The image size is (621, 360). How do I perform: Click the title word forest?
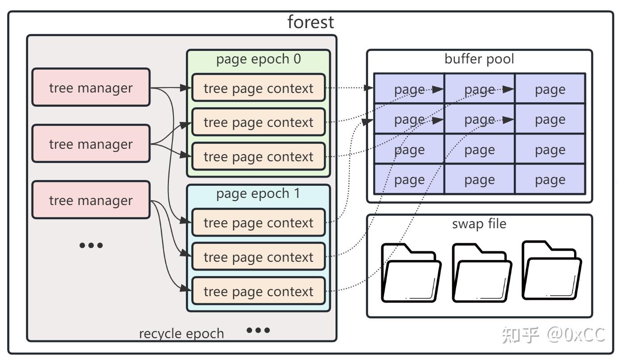pyautogui.click(x=310, y=22)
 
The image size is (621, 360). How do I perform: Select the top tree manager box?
pyautogui.click(x=91, y=87)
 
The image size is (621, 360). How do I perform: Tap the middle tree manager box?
pyautogui.click(x=91, y=143)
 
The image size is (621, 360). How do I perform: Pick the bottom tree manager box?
pyautogui.click(x=91, y=200)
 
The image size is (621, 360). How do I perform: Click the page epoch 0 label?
pyautogui.click(x=258, y=59)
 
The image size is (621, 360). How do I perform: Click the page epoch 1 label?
pyautogui.click(x=258, y=193)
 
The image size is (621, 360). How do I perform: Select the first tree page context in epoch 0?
pyautogui.click(x=258, y=88)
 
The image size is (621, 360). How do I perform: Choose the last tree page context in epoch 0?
pyautogui.click(x=258, y=156)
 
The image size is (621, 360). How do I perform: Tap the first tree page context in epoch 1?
pyautogui.click(x=258, y=222)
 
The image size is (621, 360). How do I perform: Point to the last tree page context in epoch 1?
pyautogui.click(x=258, y=291)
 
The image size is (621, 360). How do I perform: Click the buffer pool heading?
pyautogui.click(x=479, y=59)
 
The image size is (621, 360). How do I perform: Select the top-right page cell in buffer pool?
pyautogui.click(x=550, y=89)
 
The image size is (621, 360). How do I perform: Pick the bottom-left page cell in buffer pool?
pyautogui.click(x=410, y=179)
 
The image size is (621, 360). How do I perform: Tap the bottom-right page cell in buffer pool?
pyautogui.click(x=550, y=179)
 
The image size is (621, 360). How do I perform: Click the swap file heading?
pyautogui.click(x=479, y=224)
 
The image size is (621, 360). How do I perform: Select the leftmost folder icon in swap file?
pyautogui.click(x=411, y=273)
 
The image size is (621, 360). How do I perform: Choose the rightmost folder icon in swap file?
pyautogui.click(x=552, y=271)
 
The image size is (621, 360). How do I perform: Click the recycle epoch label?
pyautogui.click(x=181, y=334)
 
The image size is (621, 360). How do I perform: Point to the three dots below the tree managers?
pyautogui.click(x=91, y=245)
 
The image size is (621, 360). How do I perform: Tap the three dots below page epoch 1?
pyautogui.click(x=258, y=330)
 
